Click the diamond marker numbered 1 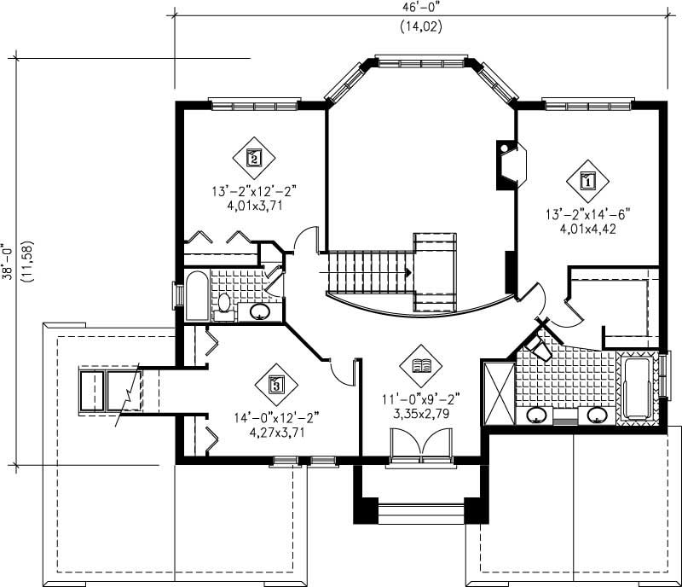[588, 180]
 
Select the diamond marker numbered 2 [253, 156]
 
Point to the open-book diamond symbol [420, 366]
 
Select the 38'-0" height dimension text [9, 262]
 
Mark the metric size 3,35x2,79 [420, 413]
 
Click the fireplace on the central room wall [510, 162]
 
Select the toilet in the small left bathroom [225, 302]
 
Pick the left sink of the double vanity [536, 416]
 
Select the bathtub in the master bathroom [637, 388]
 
